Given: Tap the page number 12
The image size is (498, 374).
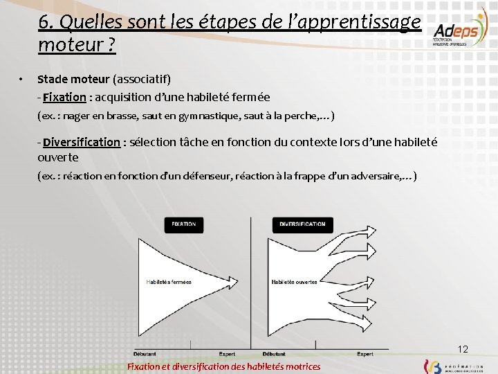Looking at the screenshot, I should [x=463, y=348].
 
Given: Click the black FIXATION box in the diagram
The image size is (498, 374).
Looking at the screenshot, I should [x=184, y=224].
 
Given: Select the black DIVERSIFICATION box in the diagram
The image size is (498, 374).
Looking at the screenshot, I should [x=302, y=224].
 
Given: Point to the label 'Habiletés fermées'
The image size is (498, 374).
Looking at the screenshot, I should [x=169, y=282].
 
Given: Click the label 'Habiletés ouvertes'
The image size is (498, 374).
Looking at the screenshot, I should [x=295, y=282].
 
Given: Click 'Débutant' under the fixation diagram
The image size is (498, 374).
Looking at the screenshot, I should [x=144, y=354].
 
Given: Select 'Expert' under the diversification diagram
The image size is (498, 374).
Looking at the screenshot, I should [x=365, y=354].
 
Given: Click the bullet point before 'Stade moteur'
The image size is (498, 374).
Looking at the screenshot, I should [x=22, y=78].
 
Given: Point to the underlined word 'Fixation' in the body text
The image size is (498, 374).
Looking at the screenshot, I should [x=64, y=97].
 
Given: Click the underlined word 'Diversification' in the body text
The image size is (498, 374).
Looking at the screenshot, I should [x=81, y=142].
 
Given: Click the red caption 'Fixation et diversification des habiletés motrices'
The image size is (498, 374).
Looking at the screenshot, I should [x=224, y=366].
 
